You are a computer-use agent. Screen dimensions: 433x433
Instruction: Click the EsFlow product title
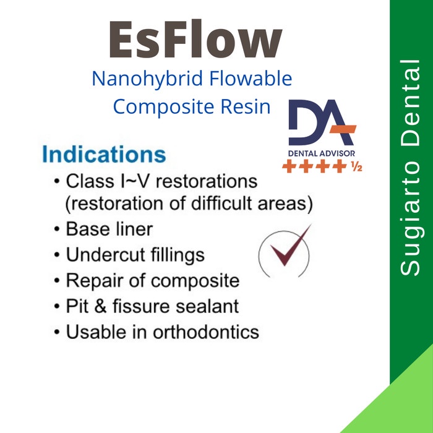(195, 41)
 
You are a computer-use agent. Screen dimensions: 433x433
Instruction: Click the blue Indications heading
(104, 154)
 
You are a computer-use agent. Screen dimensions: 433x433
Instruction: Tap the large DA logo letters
(322, 123)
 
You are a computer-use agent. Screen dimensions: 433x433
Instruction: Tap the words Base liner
(109, 229)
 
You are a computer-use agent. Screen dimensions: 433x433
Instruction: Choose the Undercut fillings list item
(135, 254)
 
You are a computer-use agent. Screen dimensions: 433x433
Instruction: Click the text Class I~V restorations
(161, 182)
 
